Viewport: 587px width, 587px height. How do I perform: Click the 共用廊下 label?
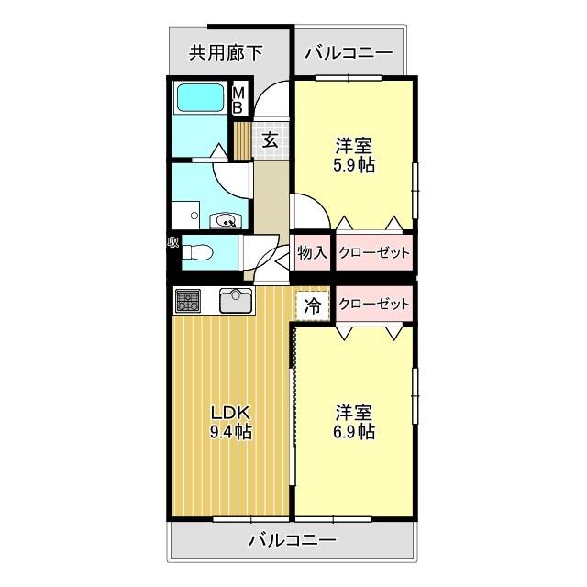point(226,52)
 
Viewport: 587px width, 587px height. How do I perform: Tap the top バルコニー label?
point(348,52)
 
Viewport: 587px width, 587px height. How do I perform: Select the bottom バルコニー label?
point(293,540)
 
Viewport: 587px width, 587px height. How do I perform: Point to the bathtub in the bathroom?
point(201,98)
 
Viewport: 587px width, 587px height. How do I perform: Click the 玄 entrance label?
point(271,139)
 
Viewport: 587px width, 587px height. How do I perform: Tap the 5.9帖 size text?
point(354,166)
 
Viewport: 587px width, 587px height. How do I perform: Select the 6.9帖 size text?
point(353,431)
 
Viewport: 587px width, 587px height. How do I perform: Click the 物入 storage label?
point(313,253)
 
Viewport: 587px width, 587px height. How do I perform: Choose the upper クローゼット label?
point(373,253)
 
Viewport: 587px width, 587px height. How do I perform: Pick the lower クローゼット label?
point(373,305)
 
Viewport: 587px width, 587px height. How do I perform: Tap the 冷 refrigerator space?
point(313,305)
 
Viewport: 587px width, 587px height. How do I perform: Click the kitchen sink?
point(237,300)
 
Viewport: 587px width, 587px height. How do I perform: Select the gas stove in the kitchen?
point(188,299)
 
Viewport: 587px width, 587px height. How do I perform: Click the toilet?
point(199,251)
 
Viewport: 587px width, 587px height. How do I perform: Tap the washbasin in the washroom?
point(224,219)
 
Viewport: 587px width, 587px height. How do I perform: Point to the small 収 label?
point(172,242)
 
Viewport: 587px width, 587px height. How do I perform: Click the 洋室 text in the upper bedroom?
point(354,145)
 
